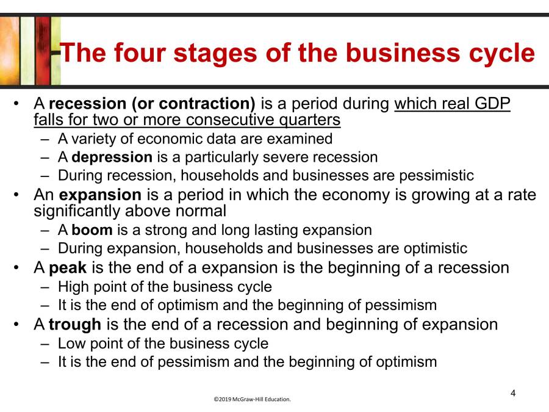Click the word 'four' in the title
[137, 53]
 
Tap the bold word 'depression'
[112, 157]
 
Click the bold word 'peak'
[67, 267]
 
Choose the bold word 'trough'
[75, 324]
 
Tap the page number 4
[513, 392]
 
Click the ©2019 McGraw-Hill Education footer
[252, 400]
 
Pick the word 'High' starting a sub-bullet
[72, 286]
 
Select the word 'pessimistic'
[437, 176]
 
